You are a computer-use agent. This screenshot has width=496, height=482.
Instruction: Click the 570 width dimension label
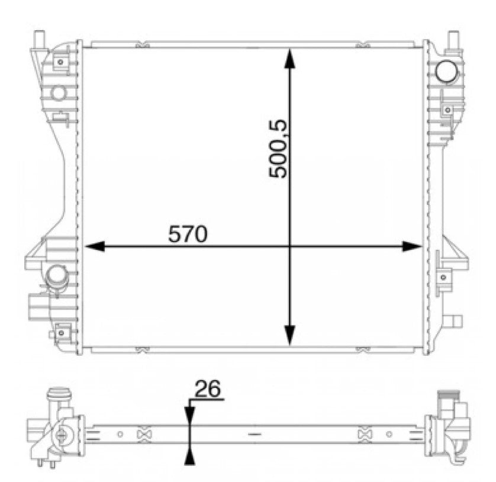pyautogui.click(x=188, y=234)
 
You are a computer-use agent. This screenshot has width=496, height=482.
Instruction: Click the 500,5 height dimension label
pyautogui.click(x=278, y=149)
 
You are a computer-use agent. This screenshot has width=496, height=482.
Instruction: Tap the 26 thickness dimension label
pyautogui.click(x=207, y=388)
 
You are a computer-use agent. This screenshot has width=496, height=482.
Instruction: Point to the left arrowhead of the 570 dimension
pyautogui.click(x=95, y=246)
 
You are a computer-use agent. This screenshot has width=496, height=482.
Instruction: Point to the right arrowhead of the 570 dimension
pyautogui.click(x=412, y=246)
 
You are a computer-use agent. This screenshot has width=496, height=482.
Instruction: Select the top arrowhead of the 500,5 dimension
pyautogui.click(x=289, y=58)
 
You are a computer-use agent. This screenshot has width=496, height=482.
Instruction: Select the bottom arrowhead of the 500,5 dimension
pyautogui.click(x=289, y=335)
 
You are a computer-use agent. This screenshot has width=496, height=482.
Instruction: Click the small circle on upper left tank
pyautogui.click(x=58, y=93)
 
